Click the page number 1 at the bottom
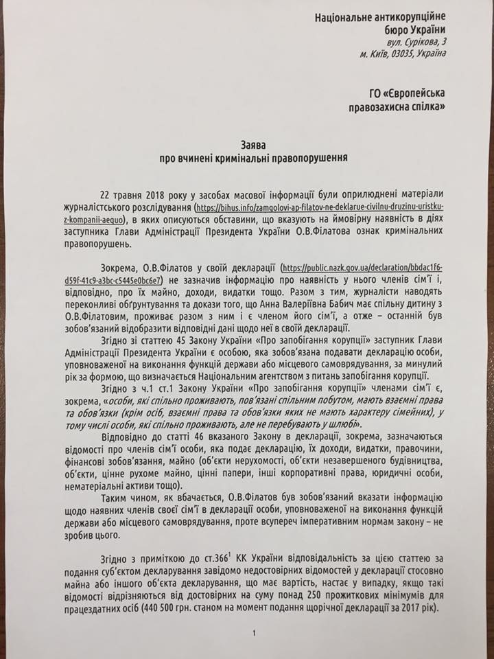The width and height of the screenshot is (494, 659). tap(253, 634)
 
